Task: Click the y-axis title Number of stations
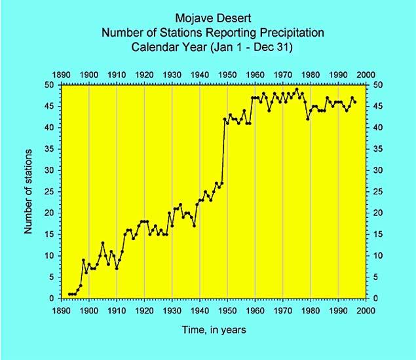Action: [x=28, y=191]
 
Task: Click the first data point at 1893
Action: [x=69, y=294]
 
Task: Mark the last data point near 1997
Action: [x=355, y=101]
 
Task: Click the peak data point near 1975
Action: [x=297, y=89]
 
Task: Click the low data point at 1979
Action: [x=308, y=118]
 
